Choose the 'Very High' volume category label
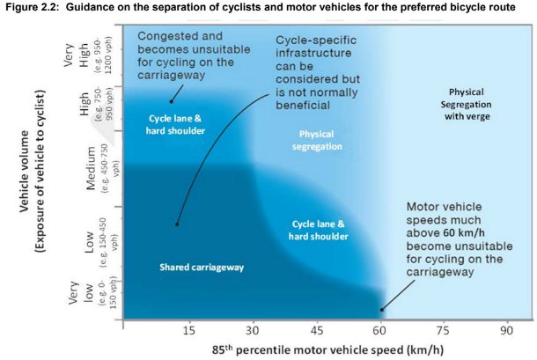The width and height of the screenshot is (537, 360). click(92, 51)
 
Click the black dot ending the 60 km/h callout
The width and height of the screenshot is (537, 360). click(381, 309)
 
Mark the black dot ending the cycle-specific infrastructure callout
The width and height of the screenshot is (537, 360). click(177, 224)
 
